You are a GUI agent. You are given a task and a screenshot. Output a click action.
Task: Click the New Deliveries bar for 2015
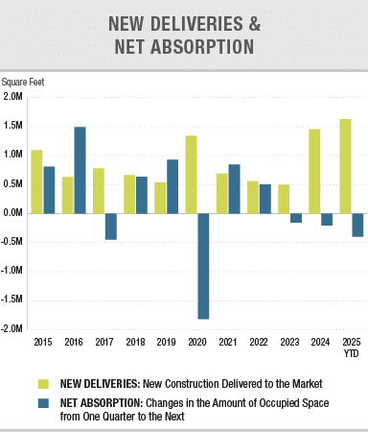(x=36, y=181)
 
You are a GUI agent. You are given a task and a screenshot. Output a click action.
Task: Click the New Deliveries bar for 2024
(x=313, y=171)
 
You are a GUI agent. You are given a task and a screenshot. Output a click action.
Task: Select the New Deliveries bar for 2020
(x=191, y=174)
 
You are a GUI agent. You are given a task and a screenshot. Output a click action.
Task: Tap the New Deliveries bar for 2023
(x=283, y=198)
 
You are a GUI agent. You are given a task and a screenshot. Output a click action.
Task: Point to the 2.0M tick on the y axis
(x=14, y=97)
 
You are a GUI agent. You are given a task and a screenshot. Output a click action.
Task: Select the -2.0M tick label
(x=13, y=329)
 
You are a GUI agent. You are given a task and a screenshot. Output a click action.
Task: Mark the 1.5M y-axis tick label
(x=14, y=126)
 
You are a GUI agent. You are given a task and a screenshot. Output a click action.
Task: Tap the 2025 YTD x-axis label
(x=351, y=347)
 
